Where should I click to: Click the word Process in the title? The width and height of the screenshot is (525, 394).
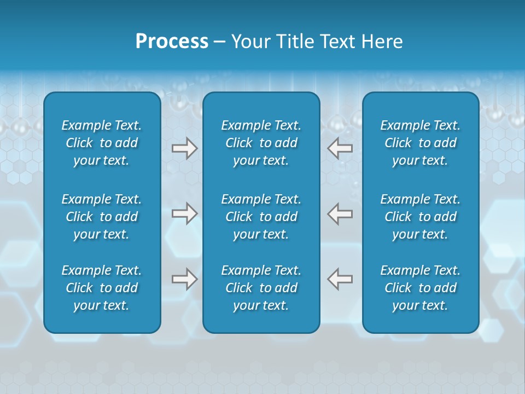point(172,42)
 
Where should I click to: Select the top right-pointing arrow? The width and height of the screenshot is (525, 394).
point(184,148)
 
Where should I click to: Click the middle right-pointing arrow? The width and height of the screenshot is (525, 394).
point(184,213)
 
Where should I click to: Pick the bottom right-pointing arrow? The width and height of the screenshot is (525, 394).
point(184,279)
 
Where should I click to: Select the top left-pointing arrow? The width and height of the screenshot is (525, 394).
point(340,148)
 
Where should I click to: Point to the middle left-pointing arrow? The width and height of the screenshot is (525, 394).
point(340,213)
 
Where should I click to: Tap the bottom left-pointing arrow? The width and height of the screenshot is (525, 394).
point(340,279)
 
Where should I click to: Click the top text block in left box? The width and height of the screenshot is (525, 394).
point(102,143)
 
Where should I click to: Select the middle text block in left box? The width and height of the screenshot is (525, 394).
point(102,217)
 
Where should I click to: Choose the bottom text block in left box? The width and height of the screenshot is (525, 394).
point(102,288)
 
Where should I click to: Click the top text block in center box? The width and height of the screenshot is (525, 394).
point(261,143)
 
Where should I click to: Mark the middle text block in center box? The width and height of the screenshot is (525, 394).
point(261,217)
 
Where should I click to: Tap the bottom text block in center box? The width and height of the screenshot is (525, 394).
point(261,288)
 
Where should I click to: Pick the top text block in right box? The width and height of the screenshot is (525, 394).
point(421,143)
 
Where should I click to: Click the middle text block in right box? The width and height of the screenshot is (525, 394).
point(421,217)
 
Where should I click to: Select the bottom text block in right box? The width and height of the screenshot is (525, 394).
point(421,288)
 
